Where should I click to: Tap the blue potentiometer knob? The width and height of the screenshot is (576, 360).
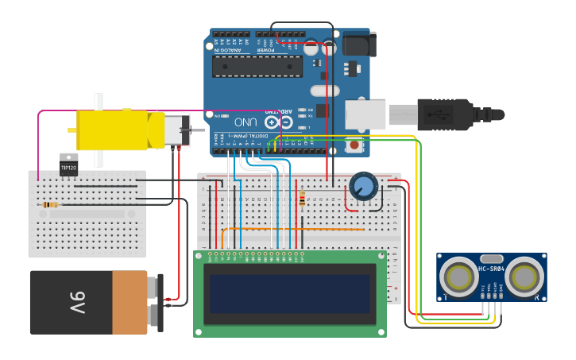tap(363, 187)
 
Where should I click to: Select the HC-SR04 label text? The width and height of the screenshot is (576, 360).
tap(492, 269)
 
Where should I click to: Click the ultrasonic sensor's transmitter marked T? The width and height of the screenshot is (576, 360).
tap(459, 277)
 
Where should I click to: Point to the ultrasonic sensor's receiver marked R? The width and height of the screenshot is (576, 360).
tap(524, 277)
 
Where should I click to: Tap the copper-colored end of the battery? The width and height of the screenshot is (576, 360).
tap(130, 302)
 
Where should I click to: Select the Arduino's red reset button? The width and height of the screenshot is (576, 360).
tap(354, 145)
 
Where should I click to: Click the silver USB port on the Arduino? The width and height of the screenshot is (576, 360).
tap(365, 114)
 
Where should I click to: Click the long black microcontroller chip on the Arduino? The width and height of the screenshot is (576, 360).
tap(257, 66)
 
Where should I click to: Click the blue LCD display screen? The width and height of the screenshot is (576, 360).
tap(289, 294)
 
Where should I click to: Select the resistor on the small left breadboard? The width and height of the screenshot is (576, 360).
tap(49, 205)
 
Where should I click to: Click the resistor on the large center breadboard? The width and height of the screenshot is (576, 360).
tap(302, 199)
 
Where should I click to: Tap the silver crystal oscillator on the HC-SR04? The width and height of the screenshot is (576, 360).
tap(492, 258)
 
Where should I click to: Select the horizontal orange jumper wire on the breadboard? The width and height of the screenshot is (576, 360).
tap(294, 230)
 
